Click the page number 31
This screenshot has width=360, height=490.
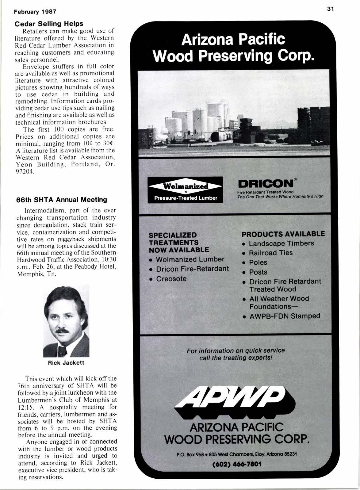[330, 9]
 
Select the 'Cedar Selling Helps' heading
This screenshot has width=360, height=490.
[49, 24]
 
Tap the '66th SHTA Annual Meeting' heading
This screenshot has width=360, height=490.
[61, 200]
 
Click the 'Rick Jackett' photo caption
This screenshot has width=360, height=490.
[66, 363]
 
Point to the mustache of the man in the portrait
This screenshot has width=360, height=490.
[64, 331]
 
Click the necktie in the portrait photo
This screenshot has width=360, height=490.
[63, 350]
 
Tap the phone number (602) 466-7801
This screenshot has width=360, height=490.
[236, 464]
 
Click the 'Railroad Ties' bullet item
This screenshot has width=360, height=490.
[271, 253]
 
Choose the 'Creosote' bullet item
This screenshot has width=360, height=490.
[171, 279]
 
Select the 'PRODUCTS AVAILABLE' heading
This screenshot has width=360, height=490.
[283, 234]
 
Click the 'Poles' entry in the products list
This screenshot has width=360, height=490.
[258, 262]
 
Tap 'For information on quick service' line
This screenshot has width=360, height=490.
[236, 350]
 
